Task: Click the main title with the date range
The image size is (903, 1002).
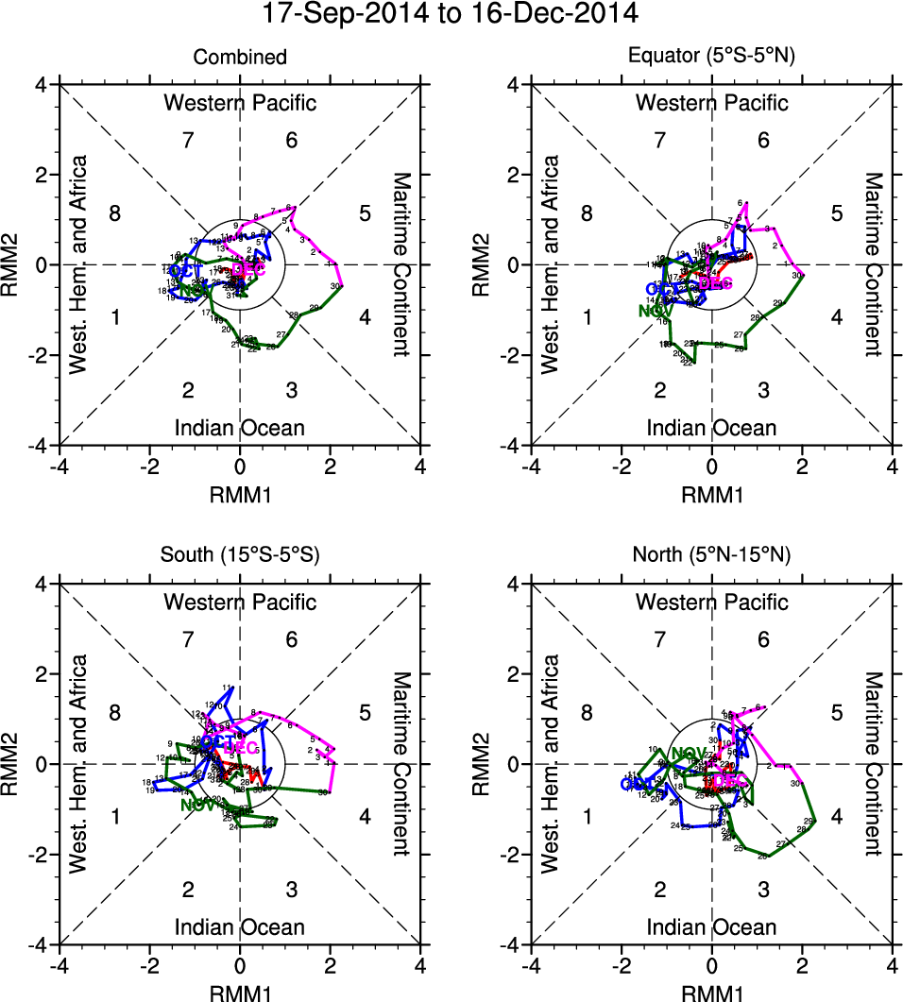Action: click(451, 15)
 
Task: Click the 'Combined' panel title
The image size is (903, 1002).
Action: click(240, 58)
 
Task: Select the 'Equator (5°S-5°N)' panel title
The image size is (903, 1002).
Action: click(712, 58)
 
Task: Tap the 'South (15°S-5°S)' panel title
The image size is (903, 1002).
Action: click(240, 555)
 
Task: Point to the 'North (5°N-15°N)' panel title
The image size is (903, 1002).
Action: click(712, 555)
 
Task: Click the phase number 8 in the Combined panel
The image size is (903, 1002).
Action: click(114, 212)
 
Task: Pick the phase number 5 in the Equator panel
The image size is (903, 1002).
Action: click(836, 212)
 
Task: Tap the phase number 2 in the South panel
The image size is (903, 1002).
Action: click(188, 890)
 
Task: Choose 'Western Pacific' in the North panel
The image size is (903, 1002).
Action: click(712, 602)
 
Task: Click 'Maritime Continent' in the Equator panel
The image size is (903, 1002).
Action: click(874, 264)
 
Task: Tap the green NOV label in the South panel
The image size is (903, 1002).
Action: click(197, 806)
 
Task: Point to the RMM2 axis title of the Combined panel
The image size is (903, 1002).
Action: click(17, 264)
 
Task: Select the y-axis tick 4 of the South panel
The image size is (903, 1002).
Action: click(43, 584)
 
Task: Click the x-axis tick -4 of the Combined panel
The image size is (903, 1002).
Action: click(60, 466)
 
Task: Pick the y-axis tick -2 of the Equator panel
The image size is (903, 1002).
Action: click(512, 355)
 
